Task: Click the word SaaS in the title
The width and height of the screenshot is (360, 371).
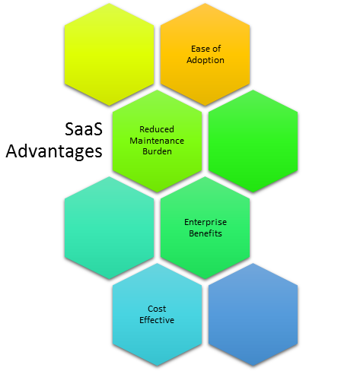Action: click(x=84, y=128)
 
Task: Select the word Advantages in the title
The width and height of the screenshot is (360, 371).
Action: click(x=54, y=151)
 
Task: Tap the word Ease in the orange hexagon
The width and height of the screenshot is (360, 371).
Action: click(x=199, y=49)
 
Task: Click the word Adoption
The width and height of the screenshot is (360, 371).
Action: click(x=205, y=60)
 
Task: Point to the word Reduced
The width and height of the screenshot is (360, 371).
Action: click(x=157, y=129)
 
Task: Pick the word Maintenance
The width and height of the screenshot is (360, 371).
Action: click(x=157, y=141)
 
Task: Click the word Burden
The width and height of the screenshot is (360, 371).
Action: click(x=157, y=151)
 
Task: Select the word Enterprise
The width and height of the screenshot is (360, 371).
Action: click(x=205, y=222)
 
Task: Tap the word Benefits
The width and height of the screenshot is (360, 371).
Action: click(x=205, y=233)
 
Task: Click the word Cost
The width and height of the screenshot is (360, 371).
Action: click(x=157, y=309)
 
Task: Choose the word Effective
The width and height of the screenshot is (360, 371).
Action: click(x=157, y=320)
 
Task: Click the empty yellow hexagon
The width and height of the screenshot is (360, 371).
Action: click(x=109, y=54)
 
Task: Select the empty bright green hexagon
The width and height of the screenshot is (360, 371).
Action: click(x=253, y=141)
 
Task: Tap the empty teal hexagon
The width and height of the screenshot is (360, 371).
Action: click(x=109, y=228)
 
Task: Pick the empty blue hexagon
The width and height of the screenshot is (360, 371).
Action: click(x=253, y=315)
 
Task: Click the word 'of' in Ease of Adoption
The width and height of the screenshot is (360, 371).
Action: click(x=216, y=49)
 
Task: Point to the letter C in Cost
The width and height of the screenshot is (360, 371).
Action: click(x=151, y=309)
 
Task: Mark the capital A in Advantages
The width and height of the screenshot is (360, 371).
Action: click(x=11, y=151)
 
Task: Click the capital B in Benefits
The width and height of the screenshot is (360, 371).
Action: click(x=192, y=233)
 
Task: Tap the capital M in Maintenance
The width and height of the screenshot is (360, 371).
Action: click(x=133, y=141)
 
